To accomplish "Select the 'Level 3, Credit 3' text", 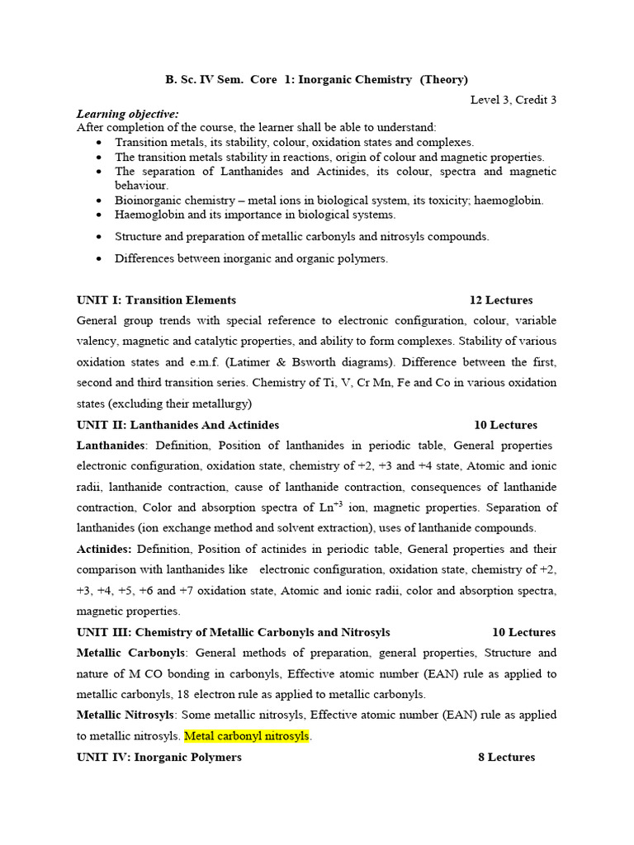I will (513, 100).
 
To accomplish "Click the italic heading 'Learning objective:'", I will (127, 114).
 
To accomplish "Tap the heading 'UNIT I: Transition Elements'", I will (156, 300).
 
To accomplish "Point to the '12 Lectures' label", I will (501, 300).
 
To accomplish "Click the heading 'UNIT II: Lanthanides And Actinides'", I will (177, 425).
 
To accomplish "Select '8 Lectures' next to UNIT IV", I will (506, 757).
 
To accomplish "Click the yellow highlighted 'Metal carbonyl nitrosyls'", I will (247, 736).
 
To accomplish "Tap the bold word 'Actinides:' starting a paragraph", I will (104, 549).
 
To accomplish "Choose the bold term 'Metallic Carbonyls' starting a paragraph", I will (130, 653).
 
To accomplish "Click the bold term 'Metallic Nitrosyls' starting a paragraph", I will (125, 715).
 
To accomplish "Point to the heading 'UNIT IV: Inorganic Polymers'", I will (158, 757).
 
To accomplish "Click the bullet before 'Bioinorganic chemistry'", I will (99, 201).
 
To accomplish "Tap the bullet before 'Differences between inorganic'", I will (99, 259).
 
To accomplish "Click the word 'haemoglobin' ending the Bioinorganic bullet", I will (509, 201).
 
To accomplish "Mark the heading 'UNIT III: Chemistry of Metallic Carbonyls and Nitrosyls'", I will (233, 632).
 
